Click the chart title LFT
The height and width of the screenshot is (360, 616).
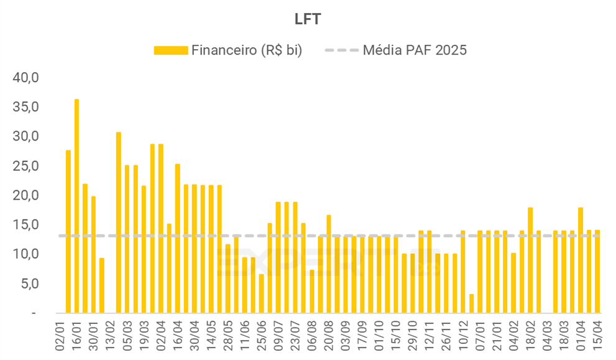[308, 19]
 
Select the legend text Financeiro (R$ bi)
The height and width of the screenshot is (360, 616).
[247, 50]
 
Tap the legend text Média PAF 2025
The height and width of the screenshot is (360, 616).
[415, 50]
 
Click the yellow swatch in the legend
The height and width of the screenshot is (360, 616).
[170, 50]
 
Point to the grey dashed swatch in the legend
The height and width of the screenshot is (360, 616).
[341, 50]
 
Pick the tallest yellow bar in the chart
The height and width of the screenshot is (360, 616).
[76, 205]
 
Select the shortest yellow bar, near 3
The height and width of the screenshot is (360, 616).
[472, 303]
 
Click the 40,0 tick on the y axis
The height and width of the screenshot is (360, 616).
[26, 78]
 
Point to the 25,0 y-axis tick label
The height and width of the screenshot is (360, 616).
[26, 166]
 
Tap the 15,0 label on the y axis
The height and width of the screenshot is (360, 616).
[26, 224]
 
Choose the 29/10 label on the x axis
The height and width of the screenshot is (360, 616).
[413, 336]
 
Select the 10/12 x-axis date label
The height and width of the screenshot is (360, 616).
[464, 336]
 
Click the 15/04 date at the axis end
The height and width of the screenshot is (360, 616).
[598, 336]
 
